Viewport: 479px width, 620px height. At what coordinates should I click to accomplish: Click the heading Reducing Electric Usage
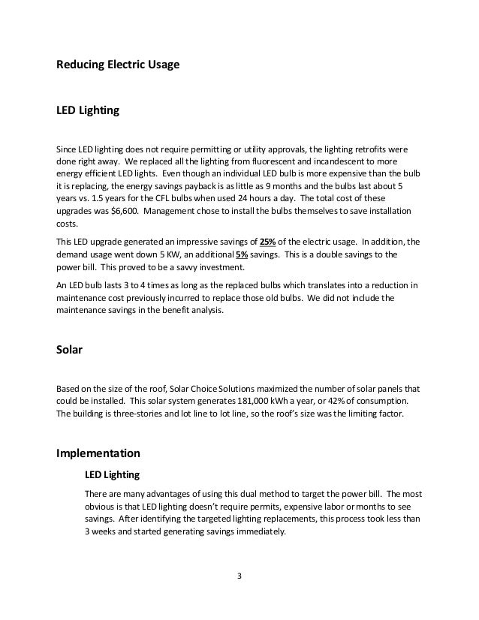tap(118, 65)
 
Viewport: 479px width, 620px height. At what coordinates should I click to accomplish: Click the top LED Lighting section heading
tap(88, 110)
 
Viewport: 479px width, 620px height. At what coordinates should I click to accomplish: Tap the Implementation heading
tap(98, 453)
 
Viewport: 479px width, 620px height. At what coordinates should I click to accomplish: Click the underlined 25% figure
tap(268, 242)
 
